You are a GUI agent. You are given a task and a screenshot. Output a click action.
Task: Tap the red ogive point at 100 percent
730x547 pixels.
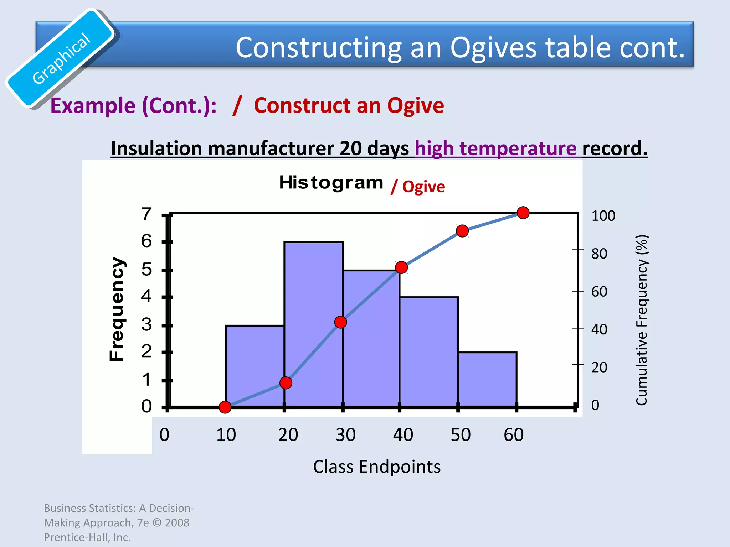(523, 213)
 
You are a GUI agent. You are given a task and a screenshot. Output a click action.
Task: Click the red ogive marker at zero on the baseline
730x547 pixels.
(225, 407)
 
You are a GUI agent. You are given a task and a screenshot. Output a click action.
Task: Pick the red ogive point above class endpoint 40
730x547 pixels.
(401, 267)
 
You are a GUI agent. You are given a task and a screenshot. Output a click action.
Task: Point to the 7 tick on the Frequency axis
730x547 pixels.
(146, 214)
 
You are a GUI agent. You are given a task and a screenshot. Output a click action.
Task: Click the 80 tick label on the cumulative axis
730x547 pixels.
(599, 254)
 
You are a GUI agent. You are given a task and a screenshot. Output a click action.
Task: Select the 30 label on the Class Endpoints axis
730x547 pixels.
(345, 435)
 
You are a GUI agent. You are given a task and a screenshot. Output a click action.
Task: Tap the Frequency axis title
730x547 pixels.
(117, 309)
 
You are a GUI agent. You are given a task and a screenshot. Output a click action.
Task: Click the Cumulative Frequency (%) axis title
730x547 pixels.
(642, 320)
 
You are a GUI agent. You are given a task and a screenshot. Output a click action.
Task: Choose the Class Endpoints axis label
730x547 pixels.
(377, 467)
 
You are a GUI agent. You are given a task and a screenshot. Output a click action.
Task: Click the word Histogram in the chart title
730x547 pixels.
(331, 183)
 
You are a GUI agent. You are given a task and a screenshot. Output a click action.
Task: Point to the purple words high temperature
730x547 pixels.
(495, 148)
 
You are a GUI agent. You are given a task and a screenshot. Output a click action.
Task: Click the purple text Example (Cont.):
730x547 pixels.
(133, 106)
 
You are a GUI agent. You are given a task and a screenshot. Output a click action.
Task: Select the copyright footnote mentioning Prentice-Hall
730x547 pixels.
(119, 522)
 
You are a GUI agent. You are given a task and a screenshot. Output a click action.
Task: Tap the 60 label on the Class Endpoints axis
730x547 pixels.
(513, 435)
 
